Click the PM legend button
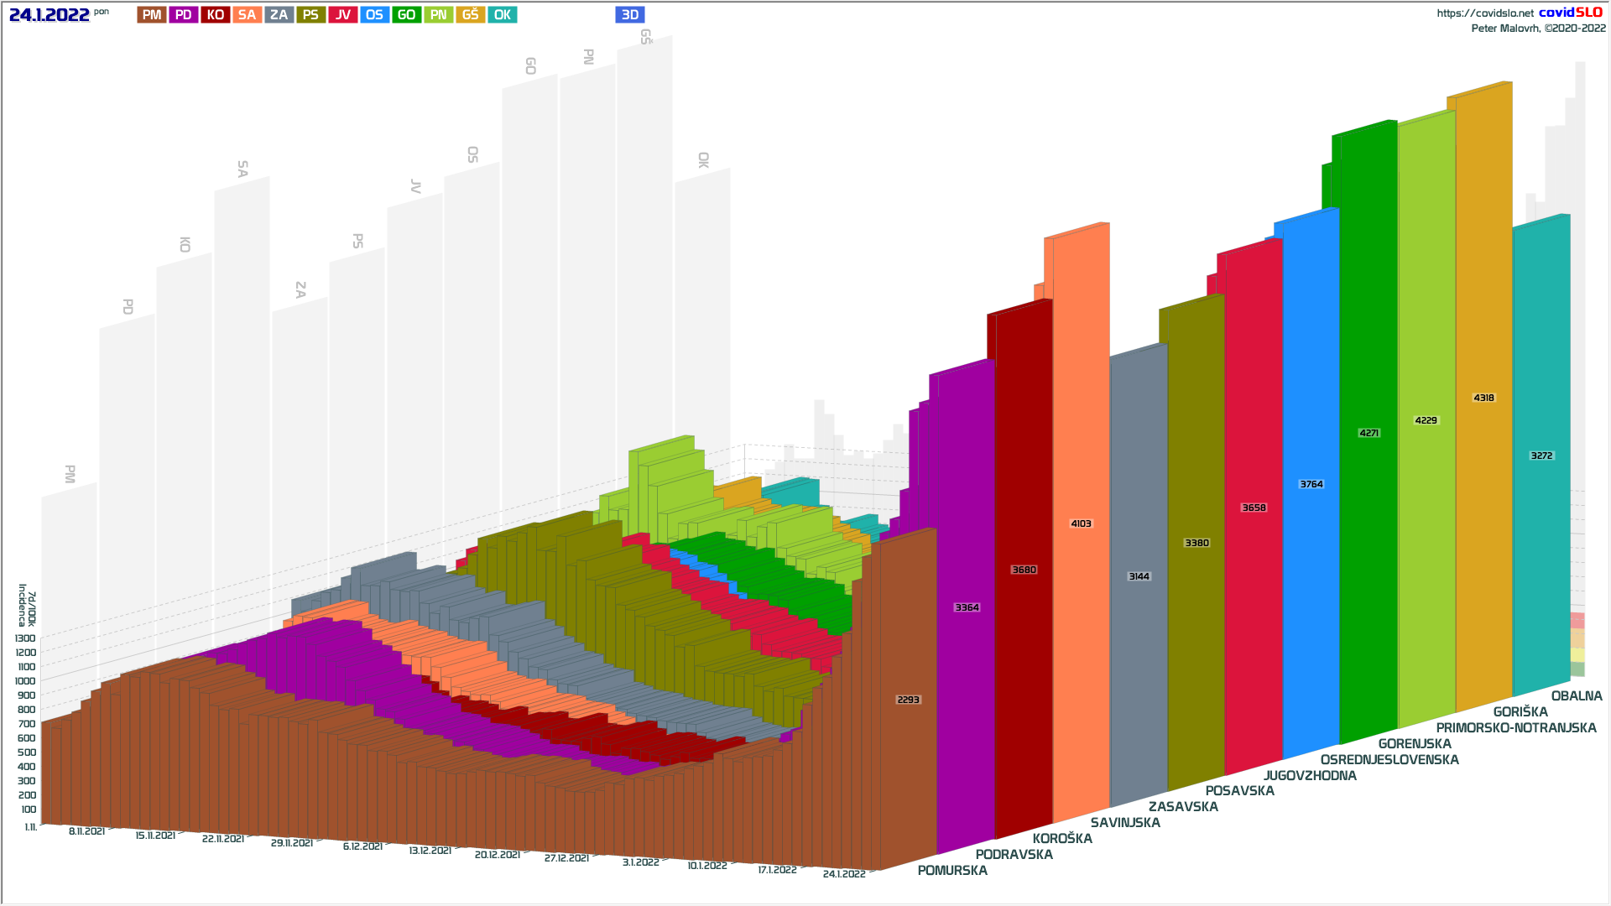coord(152,15)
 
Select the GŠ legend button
coord(470,15)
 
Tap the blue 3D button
coord(630,15)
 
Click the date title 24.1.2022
coord(50,15)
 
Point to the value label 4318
coord(1483,398)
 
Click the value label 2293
coord(908,700)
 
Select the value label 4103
coord(1081,523)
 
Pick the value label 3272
coord(1541,456)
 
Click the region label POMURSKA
coord(952,871)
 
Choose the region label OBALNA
coord(1577,696)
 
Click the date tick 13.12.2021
coord(430,851)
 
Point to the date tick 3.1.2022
coord(641,862)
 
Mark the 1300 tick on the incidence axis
coord(25,638)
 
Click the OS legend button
coord(374,15)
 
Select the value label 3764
coord(1311,484)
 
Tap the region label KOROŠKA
coord(1062,839)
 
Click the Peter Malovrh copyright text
coord(1538,29)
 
